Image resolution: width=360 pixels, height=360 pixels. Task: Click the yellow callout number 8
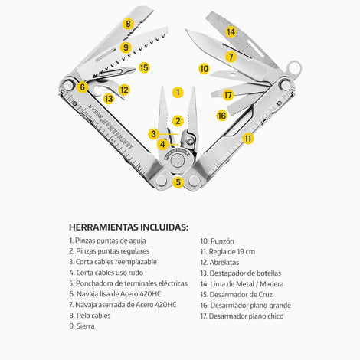click(x=128, y=24)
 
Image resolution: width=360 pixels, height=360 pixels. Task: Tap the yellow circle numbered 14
click(x=231, y=32)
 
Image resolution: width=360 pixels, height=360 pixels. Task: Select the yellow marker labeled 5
click(x=178, y=182)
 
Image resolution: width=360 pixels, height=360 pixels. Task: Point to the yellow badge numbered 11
click(x=248, y=139)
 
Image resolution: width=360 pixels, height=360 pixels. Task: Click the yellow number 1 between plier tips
click(x=178, y=92)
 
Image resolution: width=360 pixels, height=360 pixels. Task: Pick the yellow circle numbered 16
click(x=221, y=116)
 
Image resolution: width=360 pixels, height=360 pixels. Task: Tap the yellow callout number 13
click(x=109, y=99)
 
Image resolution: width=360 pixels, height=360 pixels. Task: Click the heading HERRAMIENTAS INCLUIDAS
click(x=129, y=227)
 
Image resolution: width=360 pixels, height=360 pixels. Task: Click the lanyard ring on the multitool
click(x=294, y=68)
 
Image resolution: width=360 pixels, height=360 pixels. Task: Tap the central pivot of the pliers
click(x=178, y=161)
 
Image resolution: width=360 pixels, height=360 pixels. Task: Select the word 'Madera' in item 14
click(x=272, y=284)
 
